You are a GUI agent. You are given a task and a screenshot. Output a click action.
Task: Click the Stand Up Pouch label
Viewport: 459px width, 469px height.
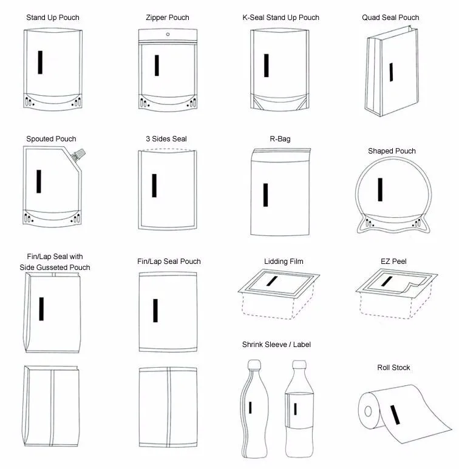52,18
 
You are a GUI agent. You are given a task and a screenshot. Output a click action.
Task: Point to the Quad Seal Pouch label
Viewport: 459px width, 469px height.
390,18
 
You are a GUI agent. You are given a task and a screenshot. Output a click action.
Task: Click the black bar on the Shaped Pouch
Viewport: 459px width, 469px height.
380,189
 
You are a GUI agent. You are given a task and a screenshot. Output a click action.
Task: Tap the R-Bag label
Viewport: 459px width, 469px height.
280,139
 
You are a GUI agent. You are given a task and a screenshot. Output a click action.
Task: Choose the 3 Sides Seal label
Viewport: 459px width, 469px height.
166,139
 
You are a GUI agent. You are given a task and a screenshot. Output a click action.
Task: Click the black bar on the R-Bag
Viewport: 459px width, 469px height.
265,195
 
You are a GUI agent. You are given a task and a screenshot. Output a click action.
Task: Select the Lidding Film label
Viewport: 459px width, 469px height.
284,261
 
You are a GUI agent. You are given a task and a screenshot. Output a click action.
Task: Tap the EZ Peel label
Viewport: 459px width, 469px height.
393,261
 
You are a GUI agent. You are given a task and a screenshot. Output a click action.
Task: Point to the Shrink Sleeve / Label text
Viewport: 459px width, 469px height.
276,345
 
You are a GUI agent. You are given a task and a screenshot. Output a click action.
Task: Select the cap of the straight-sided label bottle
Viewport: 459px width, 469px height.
298,365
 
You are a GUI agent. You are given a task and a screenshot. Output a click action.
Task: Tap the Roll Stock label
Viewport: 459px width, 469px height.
393,368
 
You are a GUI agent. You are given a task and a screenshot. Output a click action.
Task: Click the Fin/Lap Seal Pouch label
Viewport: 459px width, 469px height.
169,261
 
